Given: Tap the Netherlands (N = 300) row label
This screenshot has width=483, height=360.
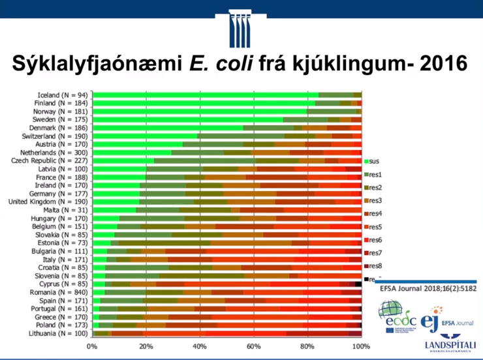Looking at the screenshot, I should click(x=54, y=152).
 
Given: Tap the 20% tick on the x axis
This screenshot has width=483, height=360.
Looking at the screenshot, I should click(x=146, y=346).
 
